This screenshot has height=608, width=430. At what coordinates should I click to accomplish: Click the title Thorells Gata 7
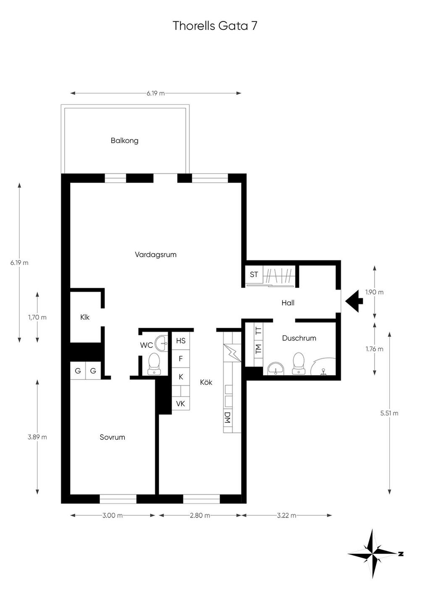215,26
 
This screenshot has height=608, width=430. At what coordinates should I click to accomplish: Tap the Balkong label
124,141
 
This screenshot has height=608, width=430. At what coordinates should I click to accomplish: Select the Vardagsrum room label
156,255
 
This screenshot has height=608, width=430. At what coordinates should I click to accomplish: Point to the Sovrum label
112,437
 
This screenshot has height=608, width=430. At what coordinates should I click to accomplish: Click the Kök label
206,382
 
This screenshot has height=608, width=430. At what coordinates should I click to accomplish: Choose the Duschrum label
299,338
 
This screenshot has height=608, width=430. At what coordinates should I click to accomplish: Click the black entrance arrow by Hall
354,301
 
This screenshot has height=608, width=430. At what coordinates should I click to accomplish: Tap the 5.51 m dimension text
389,413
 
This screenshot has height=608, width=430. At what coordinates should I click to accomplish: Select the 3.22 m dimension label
286,515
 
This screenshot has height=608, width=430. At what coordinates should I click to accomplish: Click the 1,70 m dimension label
37,317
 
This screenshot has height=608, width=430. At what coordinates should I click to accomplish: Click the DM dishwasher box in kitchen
228,418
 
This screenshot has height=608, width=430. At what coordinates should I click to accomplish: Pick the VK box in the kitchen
181,404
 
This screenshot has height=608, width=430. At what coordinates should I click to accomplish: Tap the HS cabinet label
181,341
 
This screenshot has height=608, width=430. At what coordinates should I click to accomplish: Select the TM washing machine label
258,349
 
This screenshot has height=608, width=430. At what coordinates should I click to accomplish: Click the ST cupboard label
254,274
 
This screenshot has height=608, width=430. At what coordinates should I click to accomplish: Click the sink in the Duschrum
276,368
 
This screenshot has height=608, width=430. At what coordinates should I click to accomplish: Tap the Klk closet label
85,317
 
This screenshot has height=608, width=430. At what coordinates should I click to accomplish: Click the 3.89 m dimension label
37,437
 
